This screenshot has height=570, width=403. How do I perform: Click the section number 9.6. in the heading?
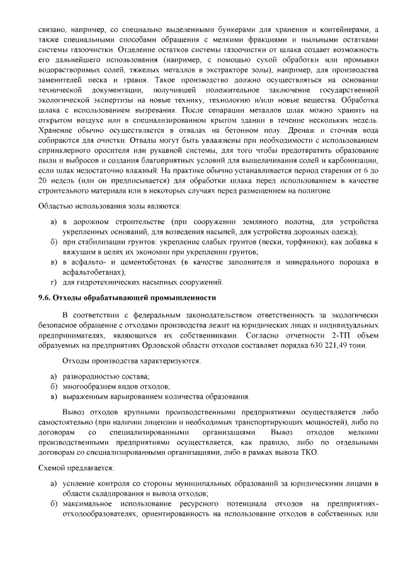(x=44, y=298)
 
